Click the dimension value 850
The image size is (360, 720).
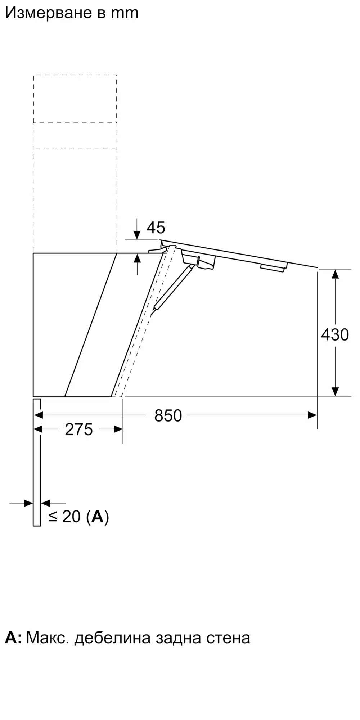pyautogui.click(x=168, y=416)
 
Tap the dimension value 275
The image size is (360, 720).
pyautogui.click(x=79, y=430)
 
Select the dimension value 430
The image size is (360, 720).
pyautogui.click(x=335, y=335)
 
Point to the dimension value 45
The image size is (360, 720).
pyautogui.click(x=156, y=228)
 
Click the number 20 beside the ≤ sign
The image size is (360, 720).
pyautogui.click(x=71, y=517)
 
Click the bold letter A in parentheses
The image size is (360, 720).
pyautogui.click(x=97, y=517)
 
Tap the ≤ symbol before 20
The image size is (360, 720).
pyautogui.click(x=53, y=517)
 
